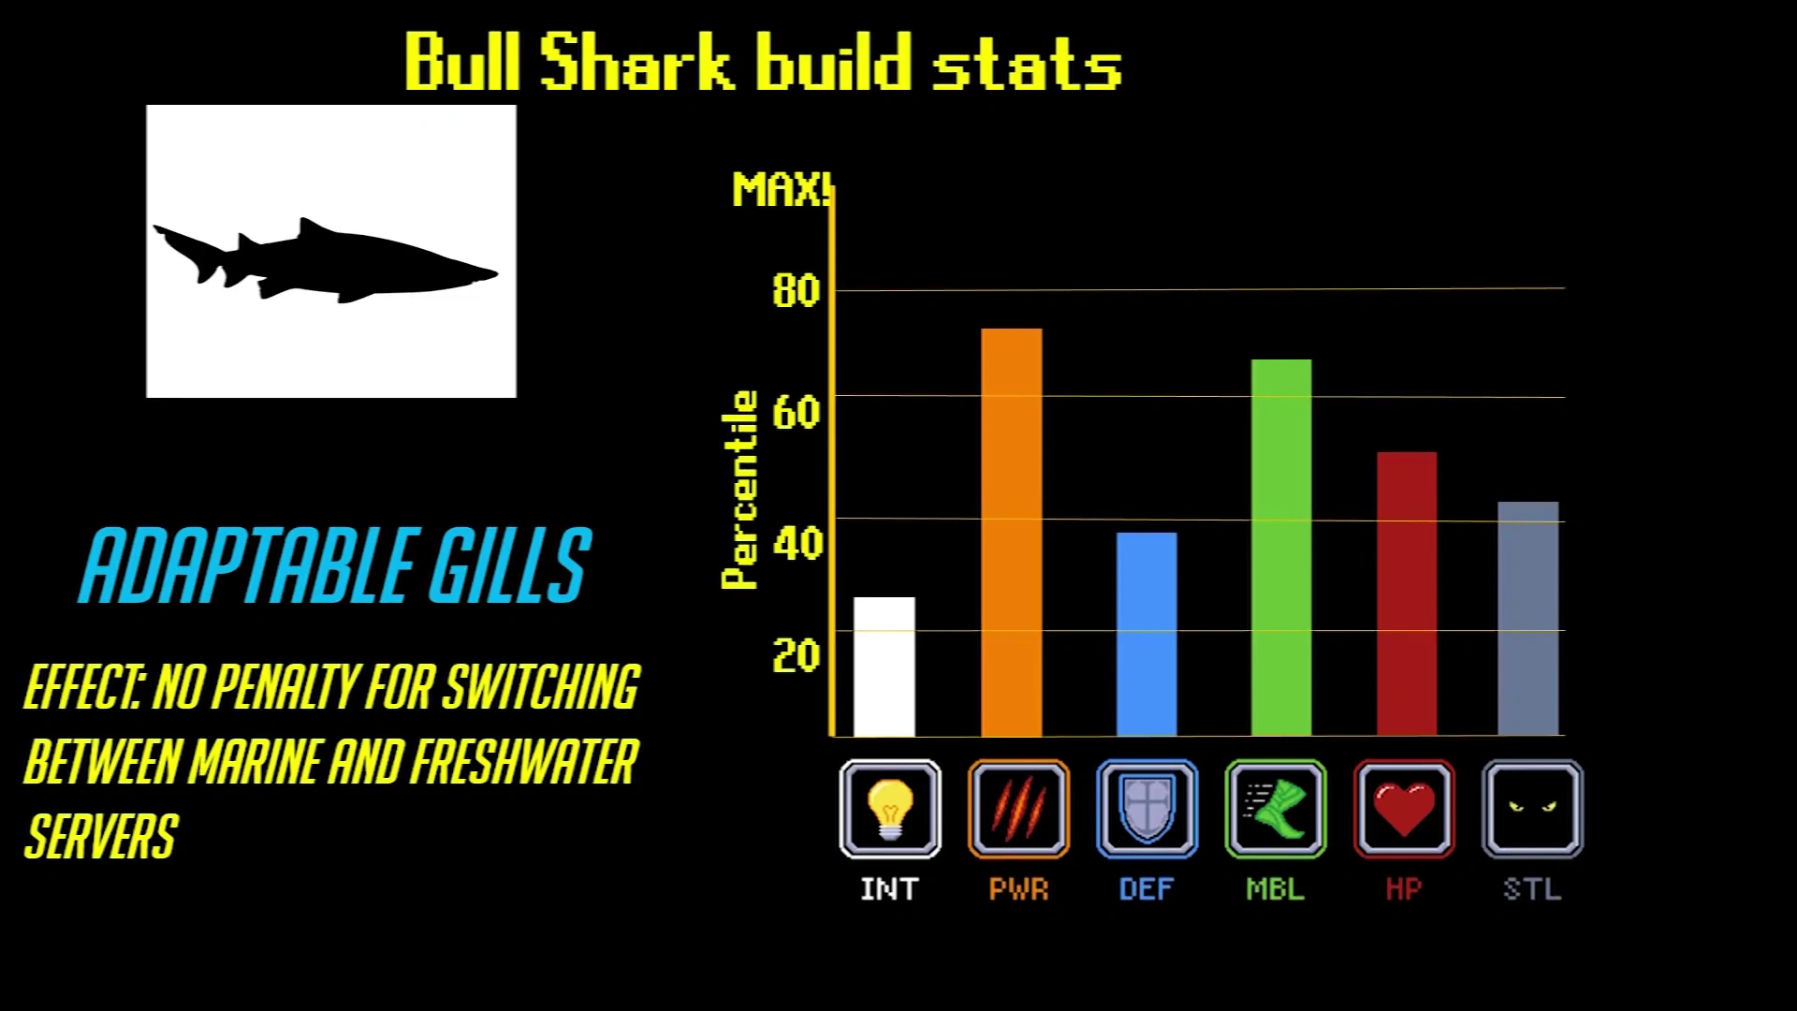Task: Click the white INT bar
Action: [884, 667]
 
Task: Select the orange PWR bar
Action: [1012, 533]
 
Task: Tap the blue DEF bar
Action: [1147, 635]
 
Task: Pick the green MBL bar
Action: [1281, 548]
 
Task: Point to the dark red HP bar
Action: [1407, 594]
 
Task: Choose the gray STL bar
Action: [1528, 619]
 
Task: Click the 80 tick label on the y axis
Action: [796, 290]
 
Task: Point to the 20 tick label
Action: [796, 655]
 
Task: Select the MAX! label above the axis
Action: [782, 190]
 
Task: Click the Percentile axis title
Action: [739, 490]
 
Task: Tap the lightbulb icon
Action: [890, 809]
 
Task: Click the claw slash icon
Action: [1018, 809]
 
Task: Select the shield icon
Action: [1147, 809]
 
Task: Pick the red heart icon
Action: [1404, 809]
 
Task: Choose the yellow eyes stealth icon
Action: [1532, 809]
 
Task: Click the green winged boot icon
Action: [1276, 809]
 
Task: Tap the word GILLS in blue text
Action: [510, 564]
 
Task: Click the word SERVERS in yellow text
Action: [101, 836]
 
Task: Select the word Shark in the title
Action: [636, 62]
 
